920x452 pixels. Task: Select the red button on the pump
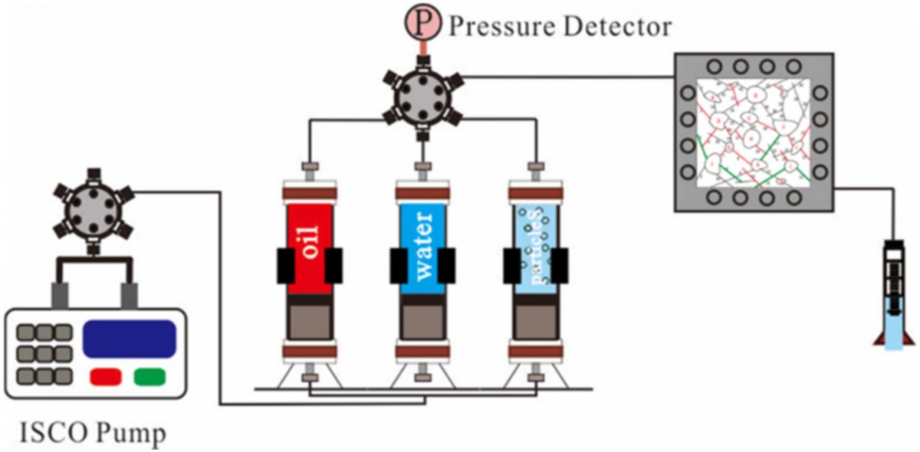(x=105, y=377)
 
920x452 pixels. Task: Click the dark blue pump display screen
(x=129, y=338)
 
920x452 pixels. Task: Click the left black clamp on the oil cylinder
(x=285, y=265)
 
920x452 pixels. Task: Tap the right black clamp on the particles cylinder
(x=560, y=265)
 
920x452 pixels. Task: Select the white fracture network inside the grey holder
(x=753, y=132)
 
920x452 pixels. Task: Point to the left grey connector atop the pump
(x=60, y=295)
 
